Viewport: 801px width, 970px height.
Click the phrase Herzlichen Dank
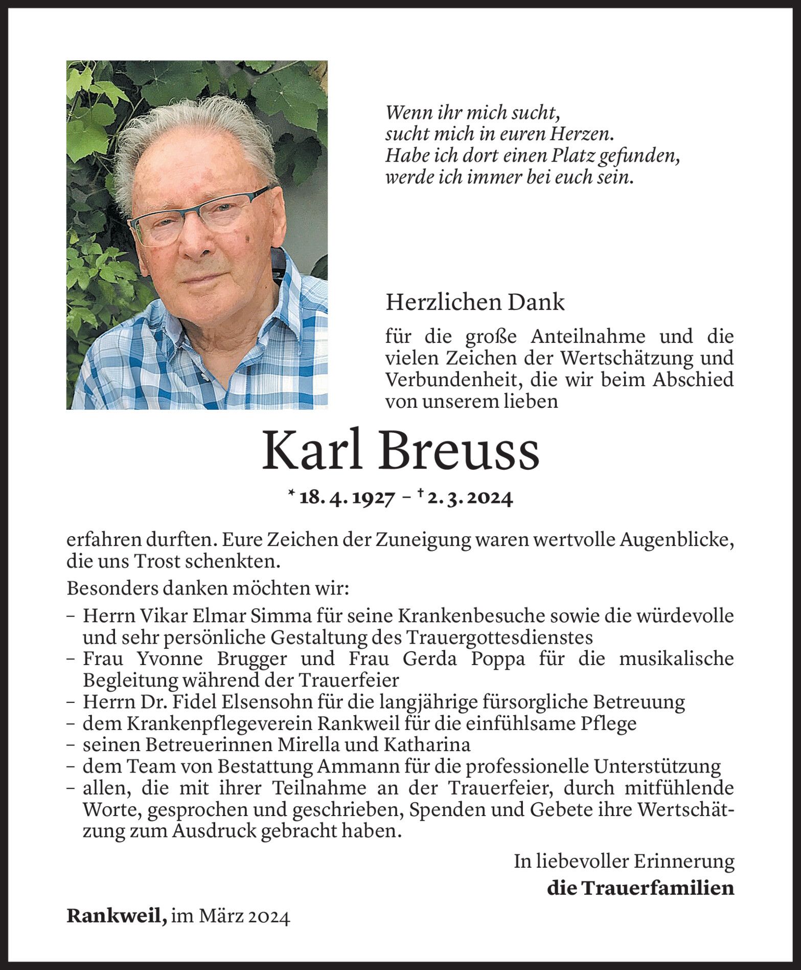coord(475,303)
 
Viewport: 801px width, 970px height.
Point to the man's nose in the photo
coord(197,245)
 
